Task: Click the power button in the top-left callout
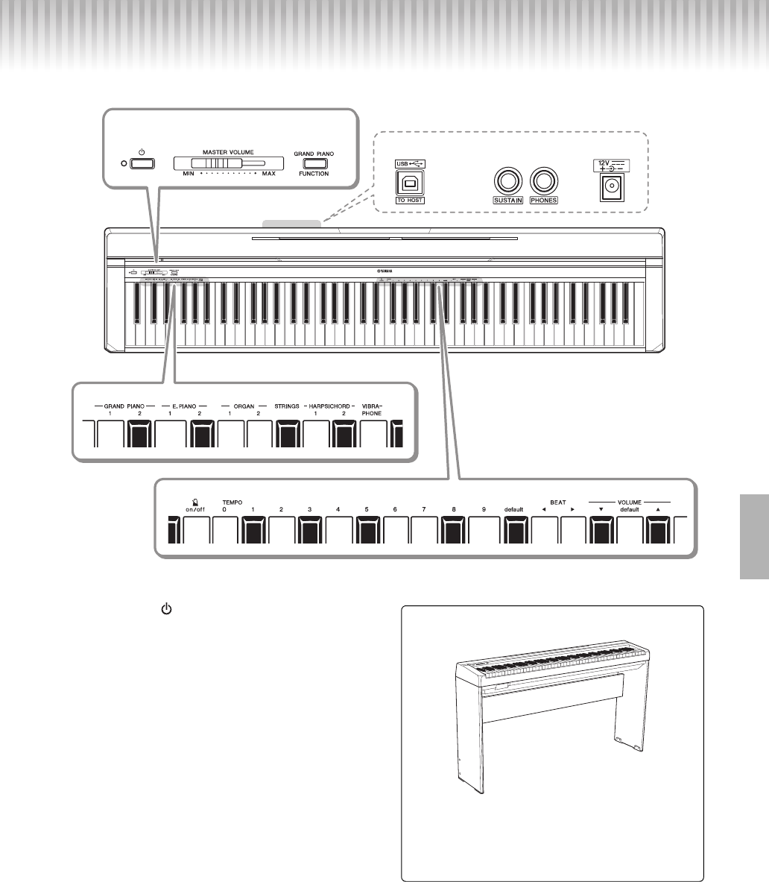[x=142, y=163]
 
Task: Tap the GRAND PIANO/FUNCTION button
[x=314, y=163]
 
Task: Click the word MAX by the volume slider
[x=268, y=174]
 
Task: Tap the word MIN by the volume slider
[x=188, y=174]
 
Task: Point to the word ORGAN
[x=243, y=407]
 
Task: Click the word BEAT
[x=558, y=502]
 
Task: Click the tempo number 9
[x=484, y=509]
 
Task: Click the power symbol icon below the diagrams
[x=166, y=609]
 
